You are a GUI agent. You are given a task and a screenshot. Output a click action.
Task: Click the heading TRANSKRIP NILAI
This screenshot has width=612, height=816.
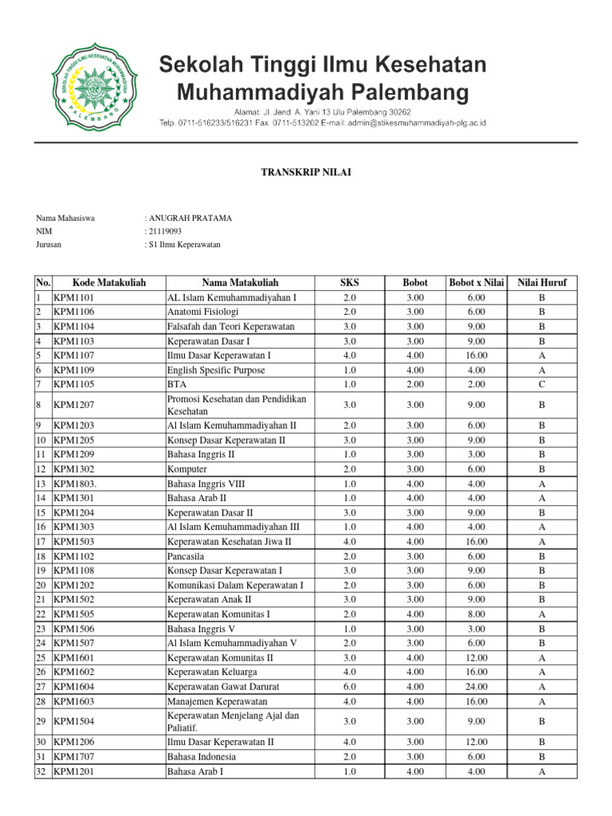coord(305,172)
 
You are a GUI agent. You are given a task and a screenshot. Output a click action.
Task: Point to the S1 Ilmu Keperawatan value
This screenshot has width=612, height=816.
coord(184,245)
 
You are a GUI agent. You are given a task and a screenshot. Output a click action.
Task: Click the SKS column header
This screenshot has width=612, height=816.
coord(349,283)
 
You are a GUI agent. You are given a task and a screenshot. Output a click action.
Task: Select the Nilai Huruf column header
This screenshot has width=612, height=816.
coord(542,283)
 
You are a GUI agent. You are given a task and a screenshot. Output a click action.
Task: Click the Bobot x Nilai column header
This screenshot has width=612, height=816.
coord(477,283)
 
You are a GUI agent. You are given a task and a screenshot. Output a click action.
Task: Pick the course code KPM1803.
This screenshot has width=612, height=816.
coord(76,484)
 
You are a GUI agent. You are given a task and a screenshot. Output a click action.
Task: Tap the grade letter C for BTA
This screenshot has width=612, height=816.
coord(542,384)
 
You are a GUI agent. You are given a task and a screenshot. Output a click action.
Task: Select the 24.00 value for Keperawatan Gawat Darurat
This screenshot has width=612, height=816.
coord(477,686)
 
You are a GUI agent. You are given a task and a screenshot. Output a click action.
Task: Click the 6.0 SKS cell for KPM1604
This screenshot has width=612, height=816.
coord(349,686)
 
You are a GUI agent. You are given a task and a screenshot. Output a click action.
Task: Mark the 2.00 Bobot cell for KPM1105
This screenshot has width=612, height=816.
coord(414,384)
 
